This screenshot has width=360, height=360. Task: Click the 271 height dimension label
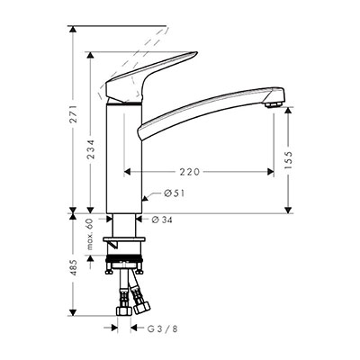pyautogui.click(x=74, y=113)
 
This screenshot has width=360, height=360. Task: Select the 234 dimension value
pyautogui.click(x=91, y=149)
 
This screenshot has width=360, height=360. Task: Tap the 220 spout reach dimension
pyautogui.click(x=190, y=172)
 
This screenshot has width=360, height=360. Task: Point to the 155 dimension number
pyautogui.click(x=288, y=159)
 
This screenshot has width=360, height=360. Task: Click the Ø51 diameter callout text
pyautogui.click(x=175, y=193)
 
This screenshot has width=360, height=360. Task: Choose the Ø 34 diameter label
pyautogui.click(x=162, y=220)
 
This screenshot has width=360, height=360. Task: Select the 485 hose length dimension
pyautogui.click(x=74, y=267)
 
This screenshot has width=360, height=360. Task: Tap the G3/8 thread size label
pyautogui.click(x=163, y=328)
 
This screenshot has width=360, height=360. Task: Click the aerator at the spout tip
pyautogui.click(x=273, y=104)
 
